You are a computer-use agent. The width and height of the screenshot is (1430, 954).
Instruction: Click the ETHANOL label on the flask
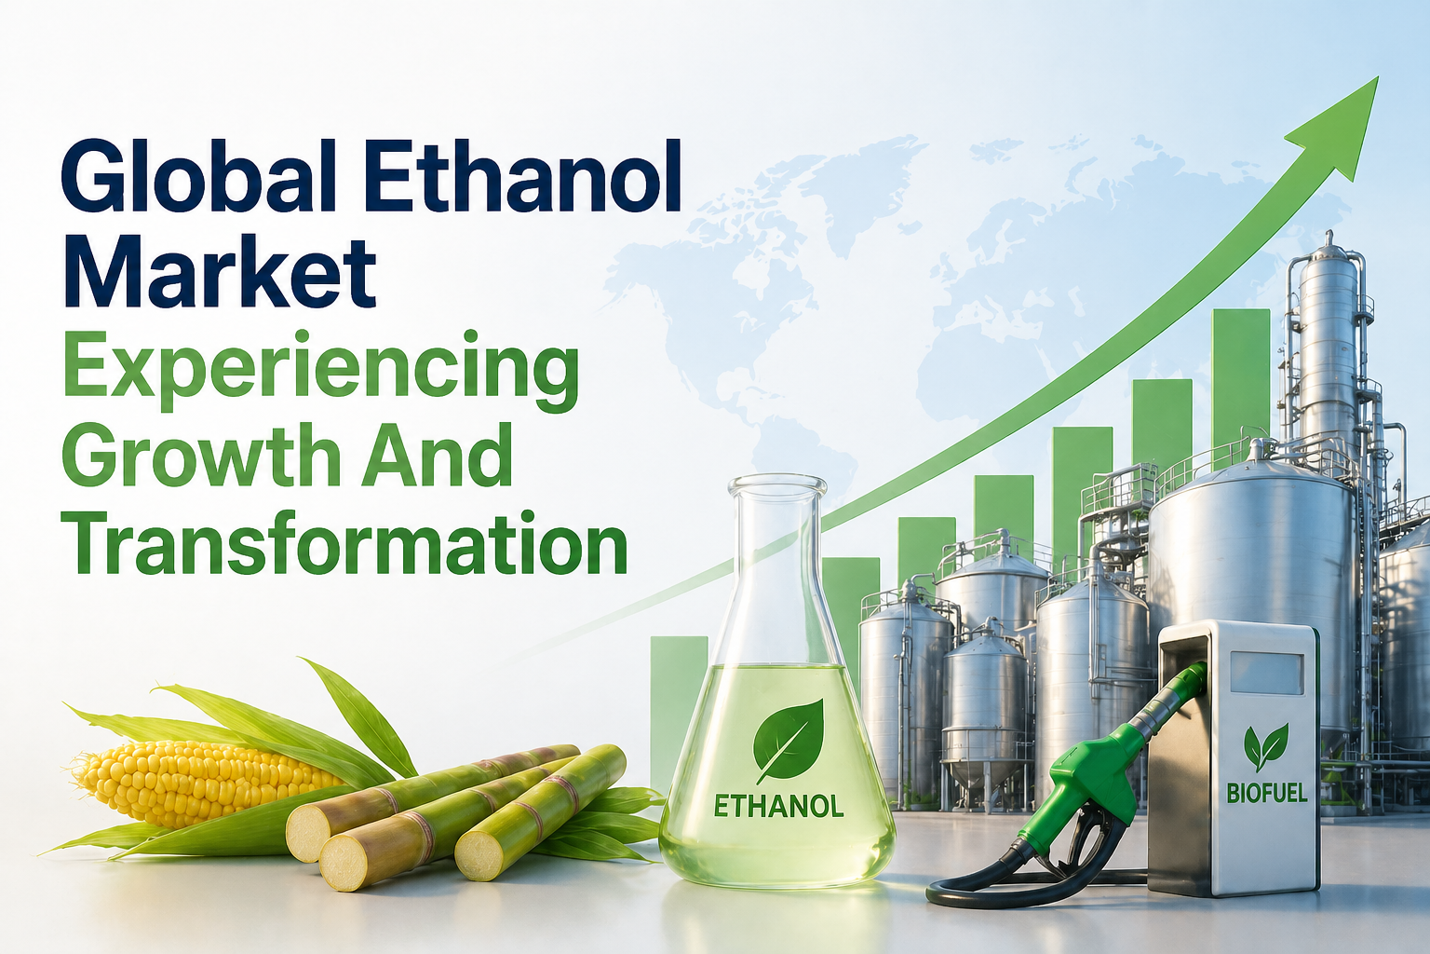[x=778, y=806]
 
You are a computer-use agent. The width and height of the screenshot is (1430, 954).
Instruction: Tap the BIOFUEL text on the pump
[x=1266, y=793]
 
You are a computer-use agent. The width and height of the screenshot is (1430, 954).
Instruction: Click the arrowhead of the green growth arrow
[x=1341, y=126]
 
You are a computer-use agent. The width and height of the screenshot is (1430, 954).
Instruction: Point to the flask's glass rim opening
[x=777, y=485]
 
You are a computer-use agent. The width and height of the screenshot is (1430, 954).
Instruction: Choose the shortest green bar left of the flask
[x=678, y=699]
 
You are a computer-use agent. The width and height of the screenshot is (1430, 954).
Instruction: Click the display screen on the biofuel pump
[x=1266, y=673]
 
